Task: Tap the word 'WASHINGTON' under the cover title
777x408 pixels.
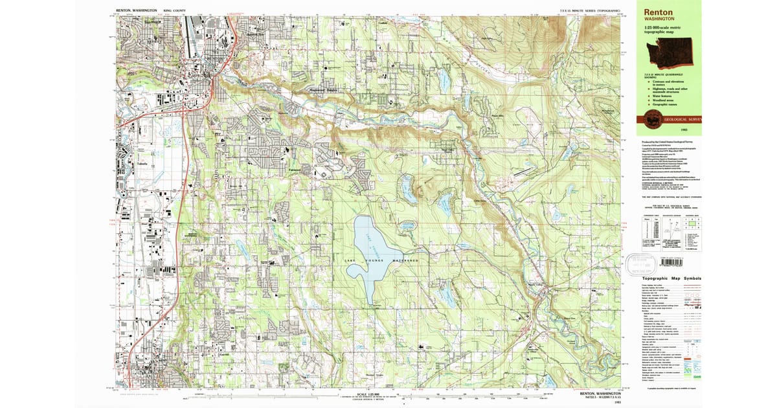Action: point(659,19)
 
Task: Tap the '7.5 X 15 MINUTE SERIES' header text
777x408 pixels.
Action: point(589,11)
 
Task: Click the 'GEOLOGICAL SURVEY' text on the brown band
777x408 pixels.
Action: point(683,119)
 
